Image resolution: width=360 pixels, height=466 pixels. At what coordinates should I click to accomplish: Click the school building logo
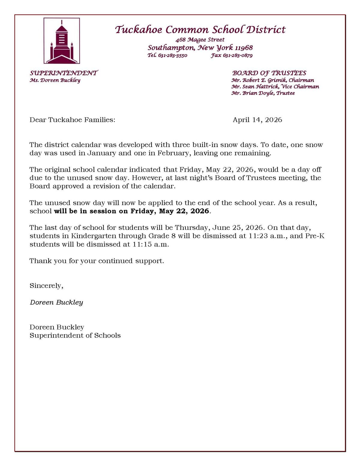pos(62,41)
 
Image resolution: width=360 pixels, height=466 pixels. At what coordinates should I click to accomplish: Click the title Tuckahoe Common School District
pos(200,30)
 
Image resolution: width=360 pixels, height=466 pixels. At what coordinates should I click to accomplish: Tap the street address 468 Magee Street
pos(200,40)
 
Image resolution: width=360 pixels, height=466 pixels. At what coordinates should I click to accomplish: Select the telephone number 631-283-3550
pos(172,56)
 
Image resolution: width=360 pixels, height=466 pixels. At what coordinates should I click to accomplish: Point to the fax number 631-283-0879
pos(237,56)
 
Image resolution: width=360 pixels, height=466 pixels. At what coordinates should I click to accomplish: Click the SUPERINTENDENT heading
pos(64,73)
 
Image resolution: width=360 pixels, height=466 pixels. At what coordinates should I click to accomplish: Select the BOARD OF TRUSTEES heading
pos(269,73)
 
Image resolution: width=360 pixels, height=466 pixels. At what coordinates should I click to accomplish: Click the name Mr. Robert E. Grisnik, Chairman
pos(273,80)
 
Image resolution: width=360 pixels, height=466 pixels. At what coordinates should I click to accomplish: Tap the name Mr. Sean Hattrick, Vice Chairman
pos(275,87)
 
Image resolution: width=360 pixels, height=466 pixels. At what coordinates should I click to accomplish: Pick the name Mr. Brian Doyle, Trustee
pos(263,93)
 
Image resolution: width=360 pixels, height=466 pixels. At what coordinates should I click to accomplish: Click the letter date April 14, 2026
pos(257,120)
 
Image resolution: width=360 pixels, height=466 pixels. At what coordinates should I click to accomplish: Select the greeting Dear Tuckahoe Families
pos(72,120)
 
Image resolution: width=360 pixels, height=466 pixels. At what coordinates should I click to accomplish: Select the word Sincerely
pos(46,286)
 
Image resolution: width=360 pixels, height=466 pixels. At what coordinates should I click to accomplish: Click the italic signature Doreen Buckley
pos(56,302)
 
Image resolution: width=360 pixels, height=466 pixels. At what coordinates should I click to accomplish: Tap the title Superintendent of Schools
pos(75,335)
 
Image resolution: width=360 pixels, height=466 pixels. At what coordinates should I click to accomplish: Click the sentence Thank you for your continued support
pos(97,261)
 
